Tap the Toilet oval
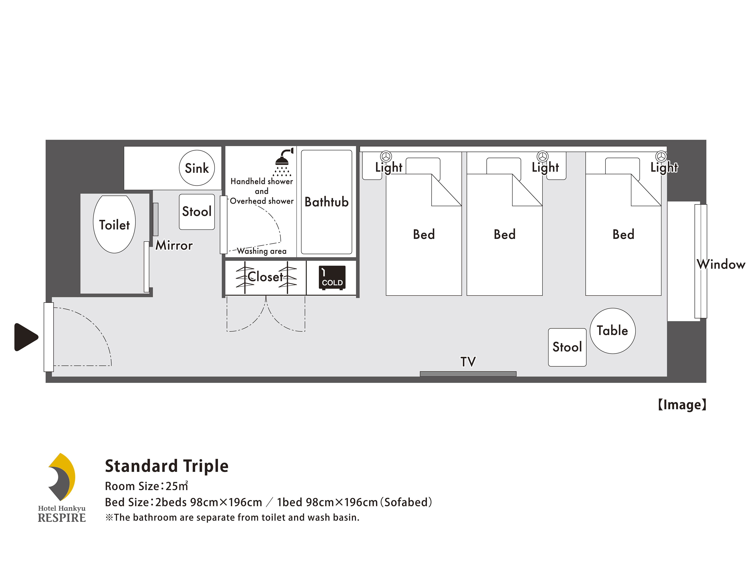tap(114, 224)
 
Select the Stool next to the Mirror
tap(197, 212)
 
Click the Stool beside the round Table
tap(567, 347)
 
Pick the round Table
tap(613, 331)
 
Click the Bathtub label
tap(326, 202)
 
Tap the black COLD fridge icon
tap(332, 278)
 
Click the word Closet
tap(265, 277)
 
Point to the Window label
tap(721, 264)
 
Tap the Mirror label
tap(174, 245)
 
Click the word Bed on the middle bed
tap(505, 234)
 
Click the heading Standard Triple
tap(167, 466)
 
